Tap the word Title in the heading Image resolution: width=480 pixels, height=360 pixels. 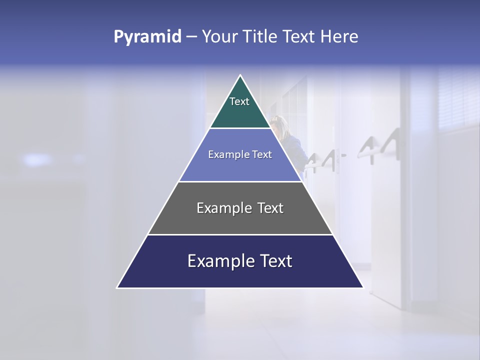[259, 37]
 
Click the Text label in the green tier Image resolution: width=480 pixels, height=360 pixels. [239, 101]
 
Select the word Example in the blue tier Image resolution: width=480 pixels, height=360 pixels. [227, 155]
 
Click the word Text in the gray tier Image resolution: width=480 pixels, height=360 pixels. [271, 208]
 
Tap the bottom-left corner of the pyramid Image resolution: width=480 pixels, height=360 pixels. [117, 287]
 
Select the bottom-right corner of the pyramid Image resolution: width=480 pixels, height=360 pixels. [363, 287]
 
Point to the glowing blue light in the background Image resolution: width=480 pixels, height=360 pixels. [37, 159]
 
